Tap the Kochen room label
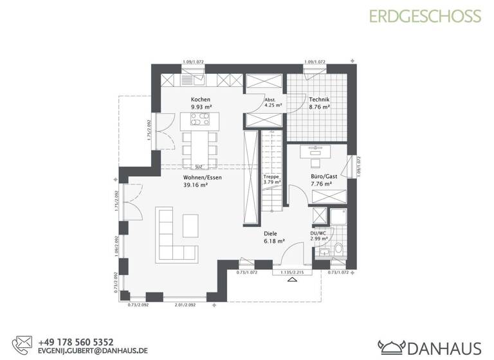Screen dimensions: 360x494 coord(201,100)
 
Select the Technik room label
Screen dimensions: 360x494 coord(319,100)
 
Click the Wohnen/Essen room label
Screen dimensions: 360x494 coord(202,177)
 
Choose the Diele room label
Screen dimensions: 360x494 coord(271,234)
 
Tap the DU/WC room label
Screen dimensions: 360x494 coord(319,234)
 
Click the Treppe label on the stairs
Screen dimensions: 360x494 coord(270,175)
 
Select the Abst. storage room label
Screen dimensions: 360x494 coord(270,100)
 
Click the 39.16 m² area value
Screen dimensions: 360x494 coord(195,184)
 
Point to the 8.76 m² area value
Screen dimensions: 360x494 coord(319,107)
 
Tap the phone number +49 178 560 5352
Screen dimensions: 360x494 coord(76,342)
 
